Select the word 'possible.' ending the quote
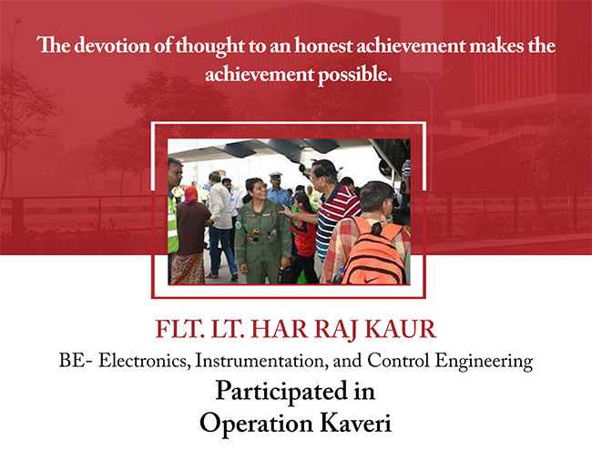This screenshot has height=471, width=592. click(x=354, y=75)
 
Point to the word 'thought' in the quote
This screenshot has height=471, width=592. click(x=209, y=46)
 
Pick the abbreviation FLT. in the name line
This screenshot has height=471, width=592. click(x=177, y=330)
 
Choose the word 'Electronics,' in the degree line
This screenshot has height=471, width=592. click(x=145, y=361)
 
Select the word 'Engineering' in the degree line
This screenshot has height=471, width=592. click(x=484, y=362)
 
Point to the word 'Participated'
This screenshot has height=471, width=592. click(x=281, y=392)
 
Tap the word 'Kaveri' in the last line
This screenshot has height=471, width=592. click(x=356, y=423)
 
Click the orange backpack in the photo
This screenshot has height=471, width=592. click(x=372, y=251)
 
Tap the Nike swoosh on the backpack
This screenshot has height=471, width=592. click(x=371, y=280)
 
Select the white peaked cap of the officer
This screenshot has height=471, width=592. click(x=276, y=176)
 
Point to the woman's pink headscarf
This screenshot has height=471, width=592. click(x=191, y=194)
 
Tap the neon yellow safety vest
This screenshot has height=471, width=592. click(x=172, y=225)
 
